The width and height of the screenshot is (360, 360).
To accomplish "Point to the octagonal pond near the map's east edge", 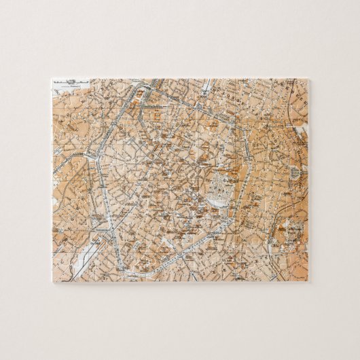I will [294, 174].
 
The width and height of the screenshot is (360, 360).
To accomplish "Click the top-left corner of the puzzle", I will [52, 79].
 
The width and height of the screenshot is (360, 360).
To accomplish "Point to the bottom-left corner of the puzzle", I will [52, 281].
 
